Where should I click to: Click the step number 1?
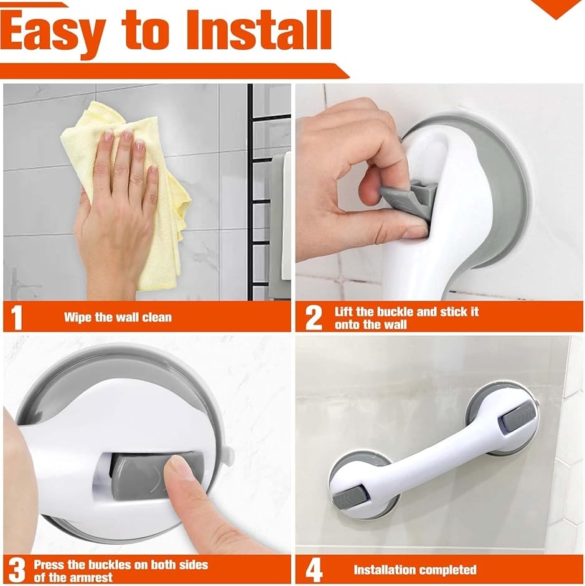coord(16,318)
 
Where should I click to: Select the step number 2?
coord(314,318)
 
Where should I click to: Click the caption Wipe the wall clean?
coord(118,318)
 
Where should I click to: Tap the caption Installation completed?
coord(415,570)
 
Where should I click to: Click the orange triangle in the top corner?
coord(556,8)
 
